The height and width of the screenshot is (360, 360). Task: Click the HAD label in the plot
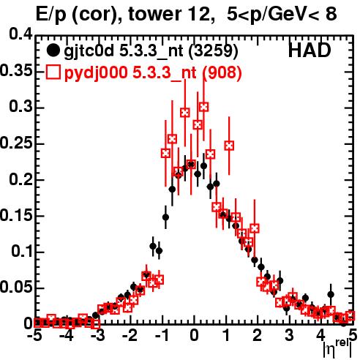click(x=310, y=50)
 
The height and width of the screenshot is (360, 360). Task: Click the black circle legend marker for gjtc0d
click(x=53, y=50)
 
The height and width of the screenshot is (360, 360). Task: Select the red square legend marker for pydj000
click(x=53, y=72)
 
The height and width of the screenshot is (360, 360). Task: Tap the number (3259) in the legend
click(x=214, y=50)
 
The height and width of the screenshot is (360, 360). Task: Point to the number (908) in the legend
click(x=222, y=72)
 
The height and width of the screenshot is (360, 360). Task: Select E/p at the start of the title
click(x=51, y=15)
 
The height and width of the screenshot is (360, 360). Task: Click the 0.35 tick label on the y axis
click(x=17, y=71)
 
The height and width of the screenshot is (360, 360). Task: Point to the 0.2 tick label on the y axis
click(x=21, y=179)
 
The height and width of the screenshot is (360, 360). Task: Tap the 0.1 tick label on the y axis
click(x=22, y=251)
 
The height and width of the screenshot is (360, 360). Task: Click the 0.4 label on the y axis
click(x=21, y=34)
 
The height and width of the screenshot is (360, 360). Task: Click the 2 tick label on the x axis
click(x=257, y=335)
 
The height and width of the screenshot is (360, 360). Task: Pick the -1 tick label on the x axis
click(x=161, y=335)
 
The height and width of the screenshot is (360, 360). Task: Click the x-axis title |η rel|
click(x=337, y=349)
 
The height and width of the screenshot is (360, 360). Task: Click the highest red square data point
click(x=204, y=107)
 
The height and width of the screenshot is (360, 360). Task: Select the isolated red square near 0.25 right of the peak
click(x=229, y=146)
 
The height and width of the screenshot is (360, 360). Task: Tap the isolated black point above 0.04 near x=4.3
click(x=331, y=294)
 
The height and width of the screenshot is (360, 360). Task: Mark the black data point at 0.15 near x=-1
click(x=165, y=217)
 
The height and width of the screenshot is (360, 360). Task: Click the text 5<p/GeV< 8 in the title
click(x=282, y=15)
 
